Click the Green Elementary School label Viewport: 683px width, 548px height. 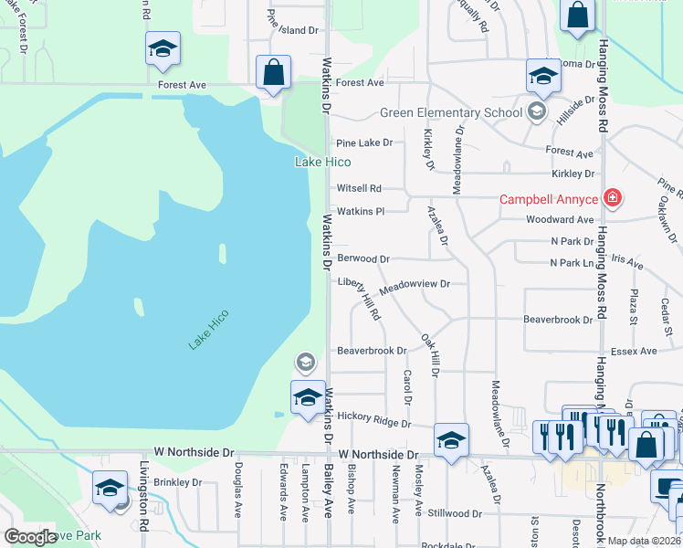tap(451, 113)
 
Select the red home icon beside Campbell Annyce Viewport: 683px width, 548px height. tap(614, 198)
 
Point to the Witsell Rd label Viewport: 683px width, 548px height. tap(358, 188)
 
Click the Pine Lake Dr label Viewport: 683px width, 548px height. tap(363, 142)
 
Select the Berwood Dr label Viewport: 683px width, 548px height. tap(363, 258)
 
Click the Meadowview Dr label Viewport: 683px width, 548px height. tap(415, 284)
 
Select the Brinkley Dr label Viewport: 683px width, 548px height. tap(177, 481)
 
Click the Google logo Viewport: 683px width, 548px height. tap(30, 537)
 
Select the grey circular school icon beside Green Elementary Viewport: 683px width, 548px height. tap(537, 112)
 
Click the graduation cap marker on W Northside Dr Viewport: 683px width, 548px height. tap(451, 440)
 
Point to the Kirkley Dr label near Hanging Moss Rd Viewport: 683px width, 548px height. tap(573, 174)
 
